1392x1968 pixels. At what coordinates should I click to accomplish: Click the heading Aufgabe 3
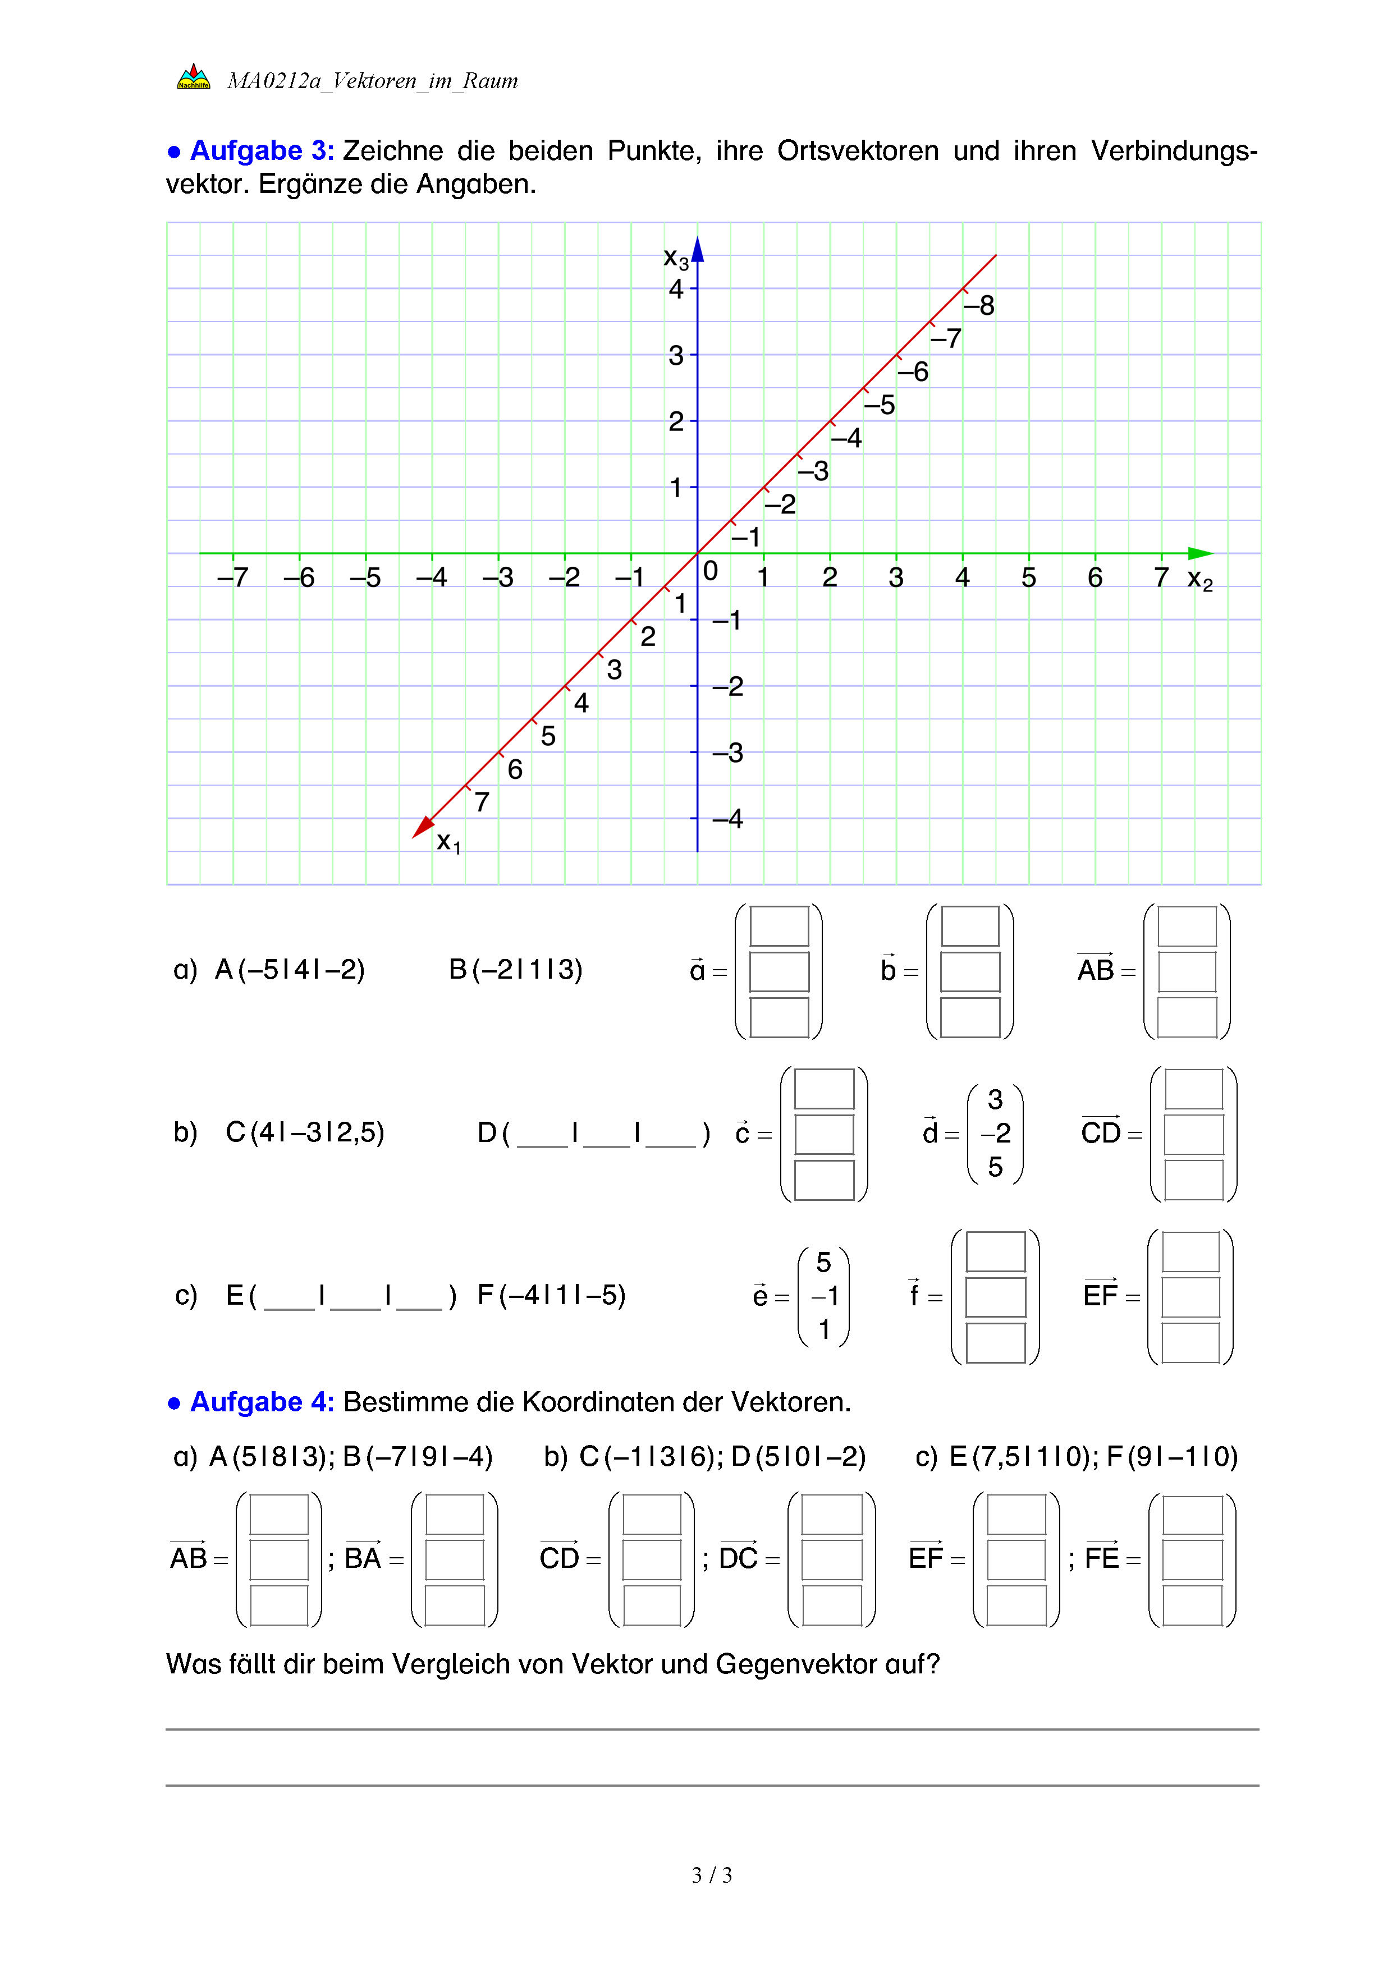pyautogui.click(x=262, y=151)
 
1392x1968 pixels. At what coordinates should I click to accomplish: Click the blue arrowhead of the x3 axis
pyautogui.click(x=698, y=249)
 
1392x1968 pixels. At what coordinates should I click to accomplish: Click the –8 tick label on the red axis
pyautogui.click(x=979, y=306)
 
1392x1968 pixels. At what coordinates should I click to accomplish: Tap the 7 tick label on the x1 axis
pyautogui.click(x=482, y=802)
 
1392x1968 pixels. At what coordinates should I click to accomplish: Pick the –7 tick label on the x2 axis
pyautogui.click(x=232, y=577)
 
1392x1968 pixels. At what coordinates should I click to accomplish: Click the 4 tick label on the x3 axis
pyautogui.click(x=676, y=289)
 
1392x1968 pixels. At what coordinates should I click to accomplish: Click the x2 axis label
pyautogui.click(x=1199, y=580)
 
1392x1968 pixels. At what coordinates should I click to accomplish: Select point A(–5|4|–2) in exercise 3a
pyautogui.click(x=290, y=970)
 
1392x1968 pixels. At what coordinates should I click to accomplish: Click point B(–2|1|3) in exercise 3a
pyautogui.click(x=515, y=970)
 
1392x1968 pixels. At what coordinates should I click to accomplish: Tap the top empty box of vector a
pyautogui.click(x=779, y=926)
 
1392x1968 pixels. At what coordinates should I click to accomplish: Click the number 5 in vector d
pyautogui.click(x=995, y=1167)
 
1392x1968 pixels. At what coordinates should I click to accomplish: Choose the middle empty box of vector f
pyautogui.click(x=995, y=1297)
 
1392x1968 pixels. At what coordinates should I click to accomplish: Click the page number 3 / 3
pyautogui.click(x=711, y=1875)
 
